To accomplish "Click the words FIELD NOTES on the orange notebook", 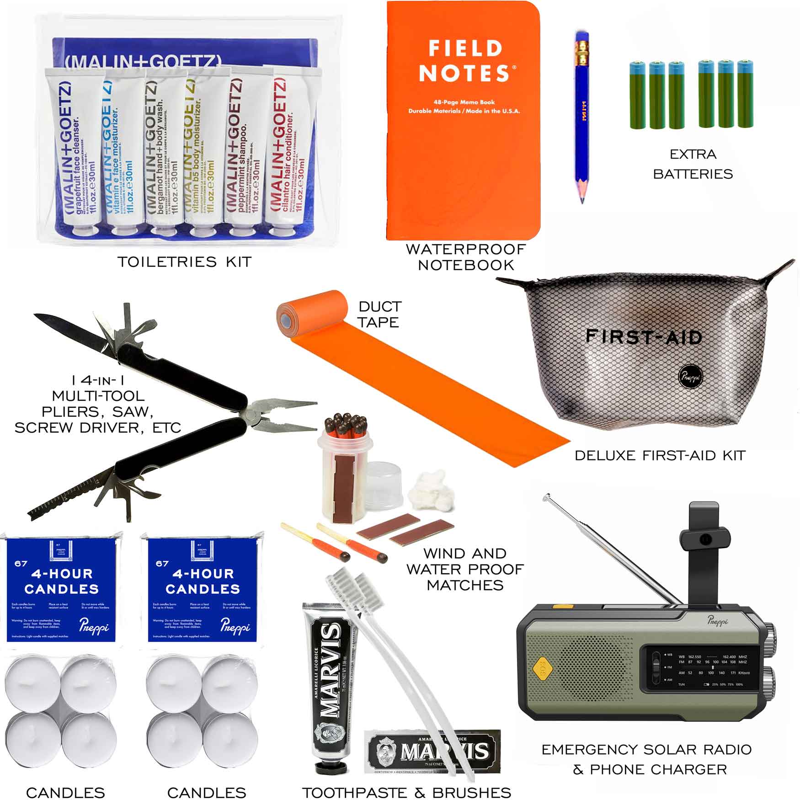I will tap(465, 61).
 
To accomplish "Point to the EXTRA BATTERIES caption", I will tap(693, 164).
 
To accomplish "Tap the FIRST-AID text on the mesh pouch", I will tap(644, 337).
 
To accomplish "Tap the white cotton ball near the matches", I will tap(432, 485).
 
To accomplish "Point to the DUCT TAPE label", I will tap(379, 314).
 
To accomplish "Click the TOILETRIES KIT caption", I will tap(184, 261).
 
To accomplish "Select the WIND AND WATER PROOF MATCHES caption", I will tap(465, 569).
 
